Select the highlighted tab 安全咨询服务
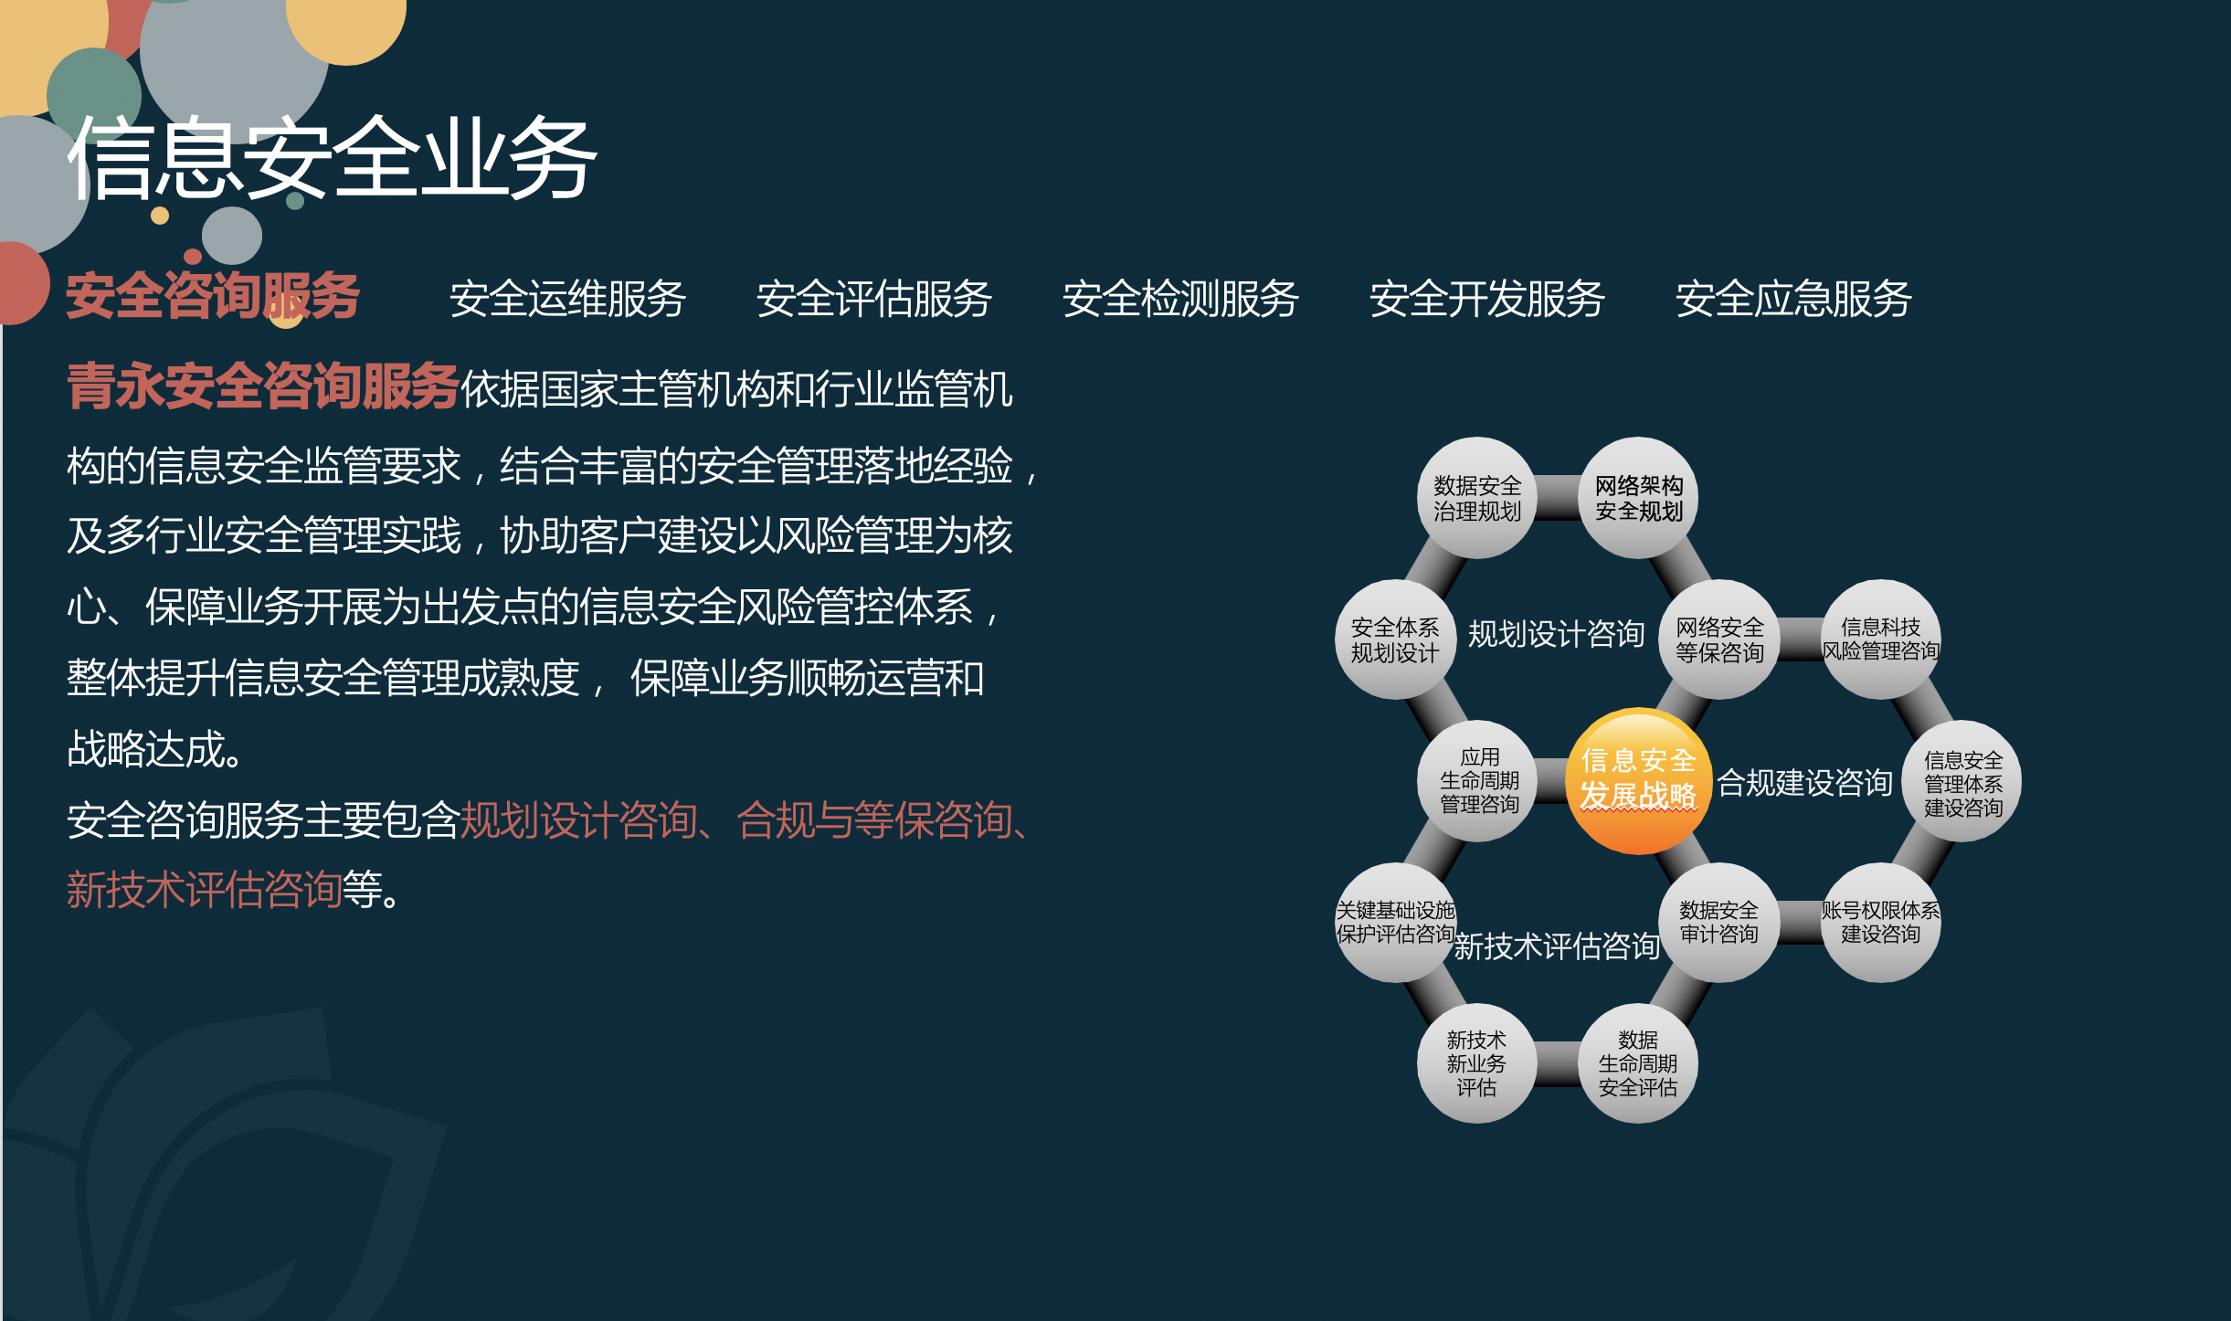(213, 296)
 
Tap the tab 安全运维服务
(567, 299)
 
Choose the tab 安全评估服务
(874, 299)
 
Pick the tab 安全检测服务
(1180, 299)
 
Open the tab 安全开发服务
(1487, 299)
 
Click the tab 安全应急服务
(1793, 299)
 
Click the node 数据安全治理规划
(1477, 498)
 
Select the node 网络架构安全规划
(1639, 498)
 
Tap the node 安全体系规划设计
(1395, 639)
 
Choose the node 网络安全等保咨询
(1719, 639)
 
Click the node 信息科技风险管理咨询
(1881, 639)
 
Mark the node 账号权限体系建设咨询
(1881, 923)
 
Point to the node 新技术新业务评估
(1477, 1063)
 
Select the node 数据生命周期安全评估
(1639, 1063)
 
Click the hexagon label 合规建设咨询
(1805, 783)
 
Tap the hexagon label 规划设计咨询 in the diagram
(1556, 634)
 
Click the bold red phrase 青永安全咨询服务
(262, 386)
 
